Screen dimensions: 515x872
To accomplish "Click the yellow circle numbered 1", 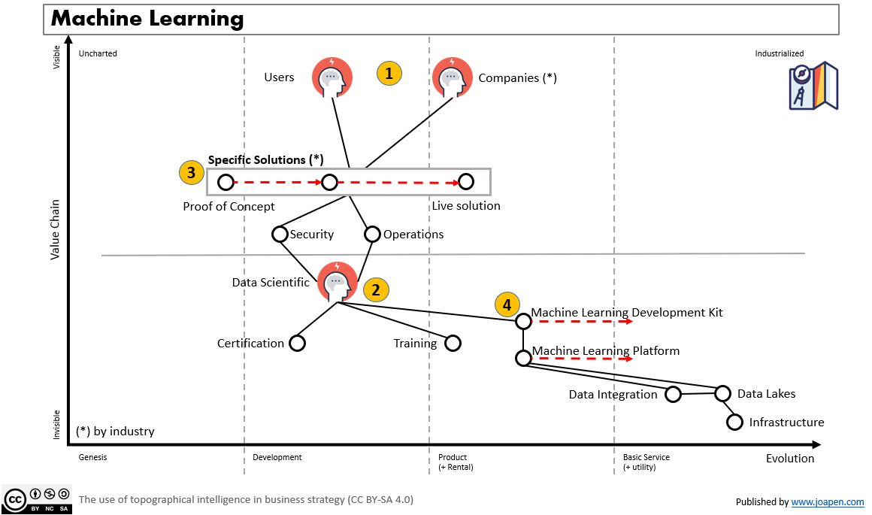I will pos(389,74).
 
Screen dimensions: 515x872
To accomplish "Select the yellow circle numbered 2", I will pos(376,290).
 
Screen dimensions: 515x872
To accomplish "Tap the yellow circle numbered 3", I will pos(191,172).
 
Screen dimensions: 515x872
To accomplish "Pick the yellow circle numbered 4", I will pos(507,304).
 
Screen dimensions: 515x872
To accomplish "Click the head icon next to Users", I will pos(332,77).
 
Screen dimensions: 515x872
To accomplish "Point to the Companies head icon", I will pos(453,77).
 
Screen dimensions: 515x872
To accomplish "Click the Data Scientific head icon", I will pos(337,282).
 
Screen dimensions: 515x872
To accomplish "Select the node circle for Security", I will pos(280,234).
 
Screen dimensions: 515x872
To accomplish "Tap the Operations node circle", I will pos(372,234).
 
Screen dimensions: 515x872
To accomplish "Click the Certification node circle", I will pos(297,343).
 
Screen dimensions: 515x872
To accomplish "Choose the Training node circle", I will pos(452,343).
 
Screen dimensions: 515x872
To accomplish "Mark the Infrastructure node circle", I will pos(735,422).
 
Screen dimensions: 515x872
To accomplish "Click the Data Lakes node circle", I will pos(722,393).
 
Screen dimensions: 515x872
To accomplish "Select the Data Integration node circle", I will pos(673,394).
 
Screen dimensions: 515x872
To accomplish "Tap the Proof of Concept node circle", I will pos(226,182).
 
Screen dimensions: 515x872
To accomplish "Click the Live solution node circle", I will pos(466,181).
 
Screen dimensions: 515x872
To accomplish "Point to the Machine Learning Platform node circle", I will pos(523,357).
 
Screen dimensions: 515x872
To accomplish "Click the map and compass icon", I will pos(813,86).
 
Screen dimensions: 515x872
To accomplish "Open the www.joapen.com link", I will pos(827,501).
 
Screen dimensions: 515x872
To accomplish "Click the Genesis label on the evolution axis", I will pos(92,457).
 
